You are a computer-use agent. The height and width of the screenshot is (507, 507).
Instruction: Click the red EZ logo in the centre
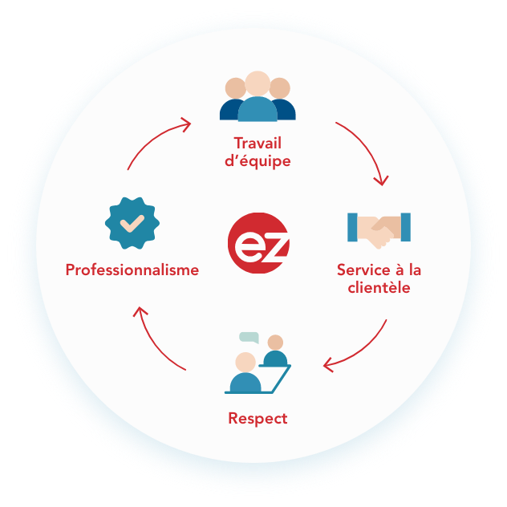258,243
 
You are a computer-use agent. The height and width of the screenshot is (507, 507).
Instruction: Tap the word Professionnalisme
132,270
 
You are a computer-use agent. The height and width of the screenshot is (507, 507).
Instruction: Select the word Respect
258,418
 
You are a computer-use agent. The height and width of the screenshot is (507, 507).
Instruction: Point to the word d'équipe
258,161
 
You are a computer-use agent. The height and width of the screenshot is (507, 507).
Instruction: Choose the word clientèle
379,288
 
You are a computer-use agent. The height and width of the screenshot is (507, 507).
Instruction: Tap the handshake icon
379,229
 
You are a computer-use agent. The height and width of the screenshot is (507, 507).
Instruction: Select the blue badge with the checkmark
132,221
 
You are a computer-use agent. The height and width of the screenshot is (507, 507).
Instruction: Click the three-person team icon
258,97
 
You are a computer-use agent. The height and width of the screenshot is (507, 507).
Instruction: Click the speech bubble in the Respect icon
249,337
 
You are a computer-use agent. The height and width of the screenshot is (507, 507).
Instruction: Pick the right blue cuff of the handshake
405,227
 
